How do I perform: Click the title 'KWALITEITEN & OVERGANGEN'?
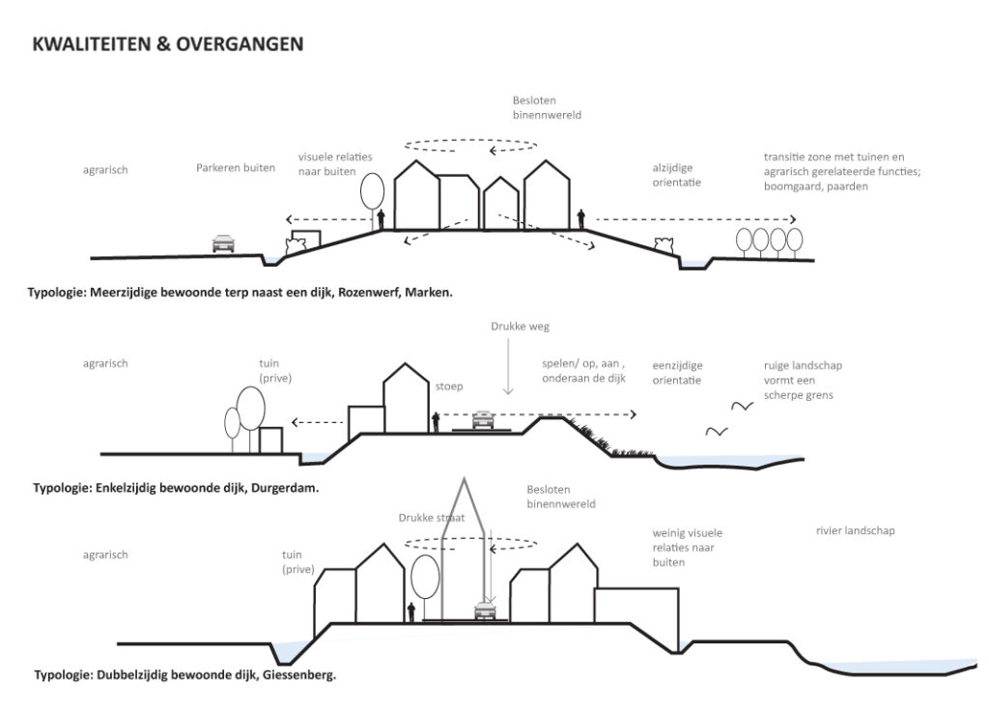tap(167, 44)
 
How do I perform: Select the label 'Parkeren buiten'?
tap(236, 168)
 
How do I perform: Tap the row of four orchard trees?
tap(769, 240)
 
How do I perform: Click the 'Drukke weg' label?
tap(506, 327)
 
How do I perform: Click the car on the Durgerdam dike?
tap(483, 418)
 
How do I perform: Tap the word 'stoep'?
tap(449, 386)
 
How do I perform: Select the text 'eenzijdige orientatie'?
tap(677, 373)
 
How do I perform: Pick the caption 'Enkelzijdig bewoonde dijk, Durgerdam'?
tap(175, 488)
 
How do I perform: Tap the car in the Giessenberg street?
tap(486, 610)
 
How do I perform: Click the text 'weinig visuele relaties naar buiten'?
tap(687, 547)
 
